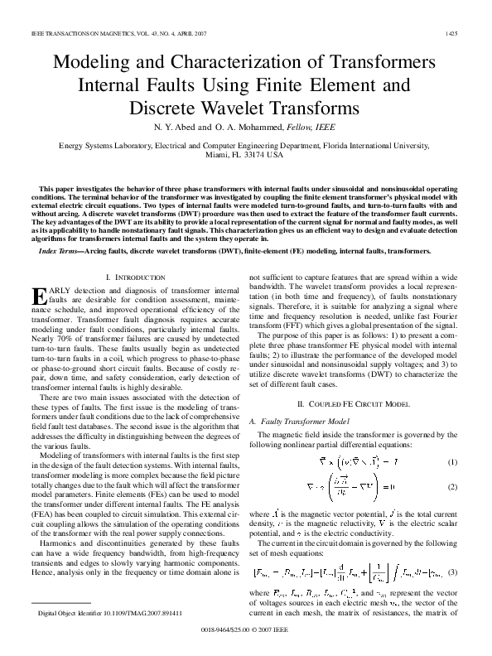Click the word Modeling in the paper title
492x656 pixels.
(93, 63)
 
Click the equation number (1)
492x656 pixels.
(452, 461)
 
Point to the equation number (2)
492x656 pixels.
(452, 489)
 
